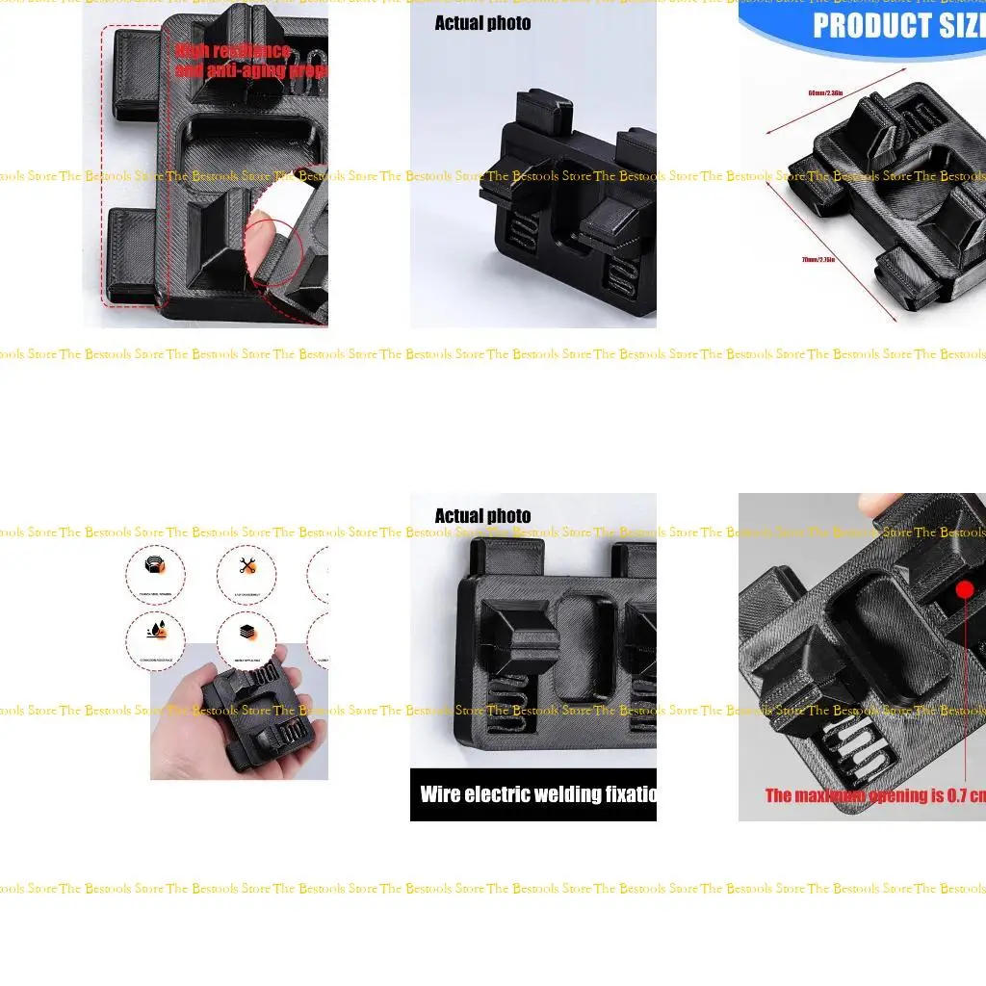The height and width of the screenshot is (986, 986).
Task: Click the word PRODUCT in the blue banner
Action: click(x=862, y=26)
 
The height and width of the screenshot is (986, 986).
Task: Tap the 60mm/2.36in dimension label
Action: click(x=825, y=93)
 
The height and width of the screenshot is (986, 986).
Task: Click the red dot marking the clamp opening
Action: click(x=965, y=589)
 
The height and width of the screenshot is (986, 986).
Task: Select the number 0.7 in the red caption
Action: click(x=953, y=795)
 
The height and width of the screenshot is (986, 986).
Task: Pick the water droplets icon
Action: click(x=154, y=632)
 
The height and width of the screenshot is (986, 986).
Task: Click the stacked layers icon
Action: click(x=246, y=634)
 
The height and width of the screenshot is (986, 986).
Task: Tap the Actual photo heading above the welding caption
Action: click(x=482, y=516)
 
